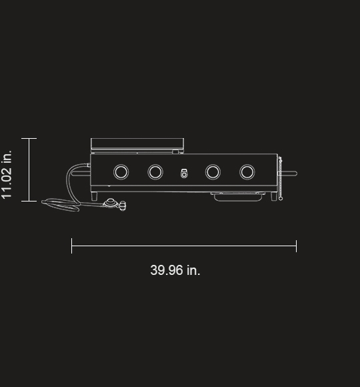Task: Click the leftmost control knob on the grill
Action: click(x=121, y=172)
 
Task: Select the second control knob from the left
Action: click(x=155, y=172)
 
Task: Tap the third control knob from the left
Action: click(x=213, y=172)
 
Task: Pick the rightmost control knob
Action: click(x=247, y=172)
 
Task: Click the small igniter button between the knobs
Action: click(x=184, y=173)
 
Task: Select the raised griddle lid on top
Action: click(x=137, y=144)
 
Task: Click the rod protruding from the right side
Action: click(x=289, y=173)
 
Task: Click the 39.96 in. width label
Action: click(x=175, y=270)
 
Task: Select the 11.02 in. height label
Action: click(x=7, y=175)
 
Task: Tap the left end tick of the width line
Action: click(x=72, y=246)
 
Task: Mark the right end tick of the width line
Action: click(x=296, y=246)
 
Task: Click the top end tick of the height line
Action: click(x=29, y=138)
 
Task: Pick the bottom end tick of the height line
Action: click(x=29, y=200)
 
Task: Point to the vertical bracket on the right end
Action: click(x=280, y=178)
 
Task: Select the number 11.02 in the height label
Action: click(x=7, y=182)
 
